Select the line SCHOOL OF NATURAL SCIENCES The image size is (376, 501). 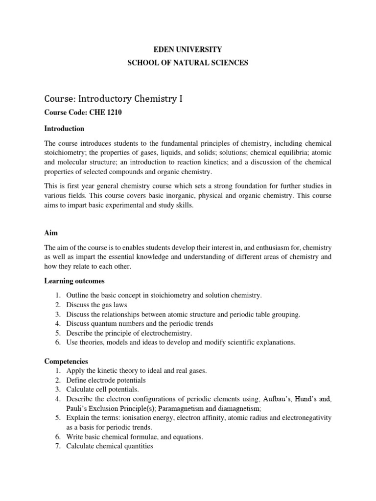tap(188, 63)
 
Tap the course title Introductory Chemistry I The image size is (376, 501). tap(132, 99)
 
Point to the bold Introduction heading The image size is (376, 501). tap(64, 129)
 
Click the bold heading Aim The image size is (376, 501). tap(51, 222)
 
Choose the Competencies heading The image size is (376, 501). tap(66, 362)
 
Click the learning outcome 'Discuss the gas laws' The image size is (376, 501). tap(96, 305)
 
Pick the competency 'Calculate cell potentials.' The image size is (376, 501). tap(103, 389)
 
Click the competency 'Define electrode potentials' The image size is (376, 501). tap(106, 380)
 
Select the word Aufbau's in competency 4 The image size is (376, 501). tap(264, 399)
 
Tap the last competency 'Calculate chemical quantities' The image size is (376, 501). tap(110, 446)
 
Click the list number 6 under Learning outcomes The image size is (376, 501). tap(57, 342)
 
